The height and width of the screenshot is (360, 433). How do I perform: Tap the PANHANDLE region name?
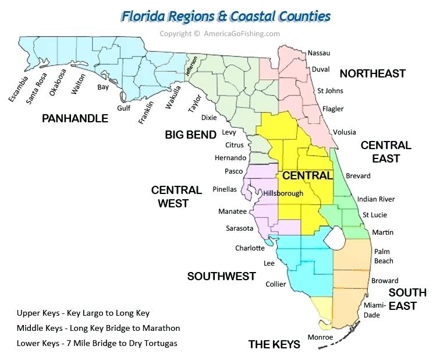coord(75,119)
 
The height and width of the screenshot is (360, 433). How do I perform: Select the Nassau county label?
coord(319,53)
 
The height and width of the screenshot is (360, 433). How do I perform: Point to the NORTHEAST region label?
coord(372,73)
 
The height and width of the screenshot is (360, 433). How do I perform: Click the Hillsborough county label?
coord(283,193)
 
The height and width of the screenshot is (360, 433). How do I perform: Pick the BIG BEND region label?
coord(190,135)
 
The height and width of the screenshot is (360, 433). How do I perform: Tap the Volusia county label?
coord(344,132)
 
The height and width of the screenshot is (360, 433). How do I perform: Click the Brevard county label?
coord(358,175)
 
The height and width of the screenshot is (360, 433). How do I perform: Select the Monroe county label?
coord(320,337)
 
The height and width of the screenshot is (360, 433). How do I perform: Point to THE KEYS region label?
coord(274,344)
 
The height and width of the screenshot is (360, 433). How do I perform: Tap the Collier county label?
coord(276,284)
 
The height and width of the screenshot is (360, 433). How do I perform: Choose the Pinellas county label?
coord(225,189)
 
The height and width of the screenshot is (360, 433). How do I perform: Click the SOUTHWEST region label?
coord(221,276)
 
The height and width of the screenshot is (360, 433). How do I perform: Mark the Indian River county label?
coord(376,199)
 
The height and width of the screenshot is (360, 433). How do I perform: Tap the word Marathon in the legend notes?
coord(162,328)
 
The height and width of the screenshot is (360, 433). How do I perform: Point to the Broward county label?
coord(385,281)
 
